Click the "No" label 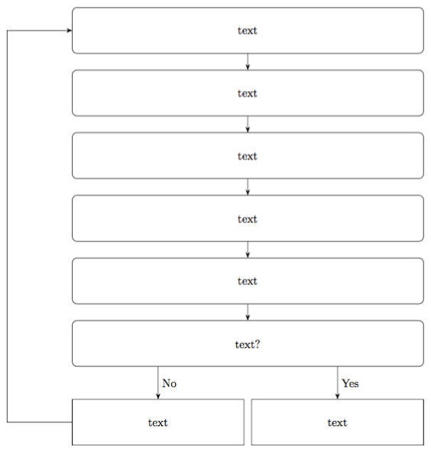coord(170,383)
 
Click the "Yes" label coord(350,383)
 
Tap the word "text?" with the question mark coord(248,344)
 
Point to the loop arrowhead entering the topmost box coord(68,31)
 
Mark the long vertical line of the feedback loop coord(8,230)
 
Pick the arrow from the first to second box coord(248,62)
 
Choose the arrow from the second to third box coord(248,125)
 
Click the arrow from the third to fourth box coord(248,187)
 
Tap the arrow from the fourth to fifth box coord(248,250)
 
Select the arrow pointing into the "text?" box coord(248,312)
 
